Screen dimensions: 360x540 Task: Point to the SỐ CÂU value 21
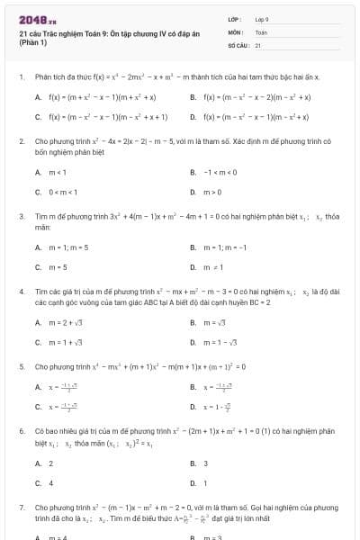pyautogui.click(x=257, y=44)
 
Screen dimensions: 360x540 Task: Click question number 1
pyautogui.click(x=21, y=78)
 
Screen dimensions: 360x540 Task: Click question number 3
pyautogui.click(x=21, y=217)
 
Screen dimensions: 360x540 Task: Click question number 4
pyautogui.click(x=21, y=292)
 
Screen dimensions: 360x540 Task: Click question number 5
pyautogui.click(x=21, y=367)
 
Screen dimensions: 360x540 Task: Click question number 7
pyautogui.click(x=21, y=508)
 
